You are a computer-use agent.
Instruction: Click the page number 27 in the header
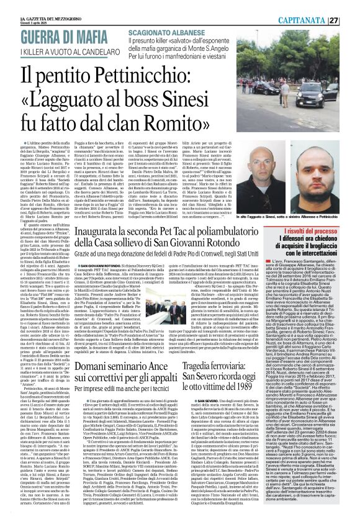pos(351,19)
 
